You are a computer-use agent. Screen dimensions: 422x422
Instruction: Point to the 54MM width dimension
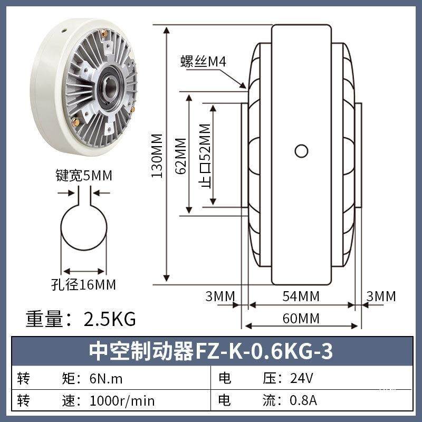point(301,296)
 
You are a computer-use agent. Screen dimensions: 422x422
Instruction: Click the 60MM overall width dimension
point(301,319)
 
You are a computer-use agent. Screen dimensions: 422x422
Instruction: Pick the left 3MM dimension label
point(219,296)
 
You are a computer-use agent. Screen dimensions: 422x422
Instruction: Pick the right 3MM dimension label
point(381,296)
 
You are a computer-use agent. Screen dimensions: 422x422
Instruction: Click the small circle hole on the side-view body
point(301,151)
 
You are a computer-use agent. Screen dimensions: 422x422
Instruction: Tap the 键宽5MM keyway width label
point(84,176)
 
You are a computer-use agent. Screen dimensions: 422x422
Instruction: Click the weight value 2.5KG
point(110,319)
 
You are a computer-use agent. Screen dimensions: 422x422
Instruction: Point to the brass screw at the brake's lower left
point(74,122)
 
